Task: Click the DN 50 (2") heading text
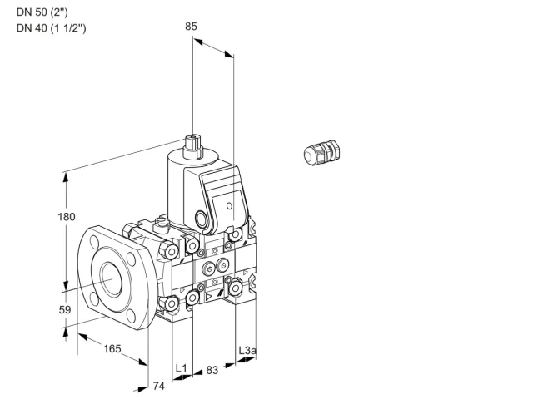tap(42, 12)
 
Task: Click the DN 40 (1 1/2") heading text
tap(52, 27)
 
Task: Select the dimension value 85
tap(191, 27)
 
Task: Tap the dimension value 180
tap(67, 217)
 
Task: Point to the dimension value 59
tap(65, 310)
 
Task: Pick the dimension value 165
tap(112, 348)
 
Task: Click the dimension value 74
tap(159, 386)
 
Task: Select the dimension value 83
tap(212, 370)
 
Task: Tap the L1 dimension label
tap(182, 368)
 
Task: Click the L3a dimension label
tap(247, 350)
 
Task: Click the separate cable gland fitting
tap(322, 152)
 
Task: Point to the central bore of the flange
tap(112, 279)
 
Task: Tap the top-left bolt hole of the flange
tap(94, 242)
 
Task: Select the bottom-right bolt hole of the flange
tap(132, 316)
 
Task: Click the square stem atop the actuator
tap(192, 147)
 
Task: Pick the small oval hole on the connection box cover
tap(230, 206)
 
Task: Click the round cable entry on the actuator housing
tap(200, 218)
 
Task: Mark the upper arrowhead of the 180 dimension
tap(65, 177)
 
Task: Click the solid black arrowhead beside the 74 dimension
tap(142, 389)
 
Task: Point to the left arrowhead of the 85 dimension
tap(198, 42)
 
